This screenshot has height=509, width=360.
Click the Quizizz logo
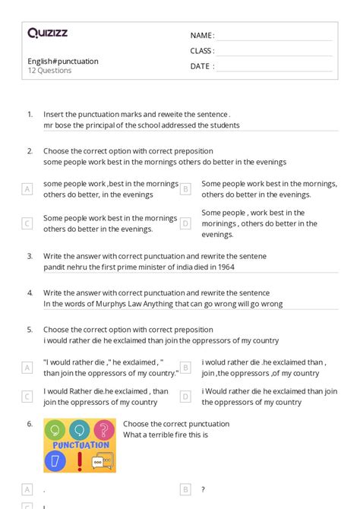[47, 33]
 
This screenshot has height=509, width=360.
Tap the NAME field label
[202, 35]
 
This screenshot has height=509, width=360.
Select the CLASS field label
[202, 51]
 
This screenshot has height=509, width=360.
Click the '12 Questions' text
[50, 71]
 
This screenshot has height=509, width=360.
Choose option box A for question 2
[27, 188]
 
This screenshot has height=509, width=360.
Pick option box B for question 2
[185, 188]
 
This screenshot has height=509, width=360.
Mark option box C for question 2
[27, 223]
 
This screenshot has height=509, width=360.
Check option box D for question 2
[185, 223]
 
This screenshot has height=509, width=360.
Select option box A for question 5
[27, 368]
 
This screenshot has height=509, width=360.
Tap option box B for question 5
[185, 368]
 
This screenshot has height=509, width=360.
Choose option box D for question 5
[185, 397]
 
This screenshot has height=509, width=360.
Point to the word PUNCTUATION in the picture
[80, 445]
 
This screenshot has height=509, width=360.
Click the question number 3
[30, 257]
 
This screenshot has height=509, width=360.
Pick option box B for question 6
[185, 490]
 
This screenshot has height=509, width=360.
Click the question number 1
[30, 114]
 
